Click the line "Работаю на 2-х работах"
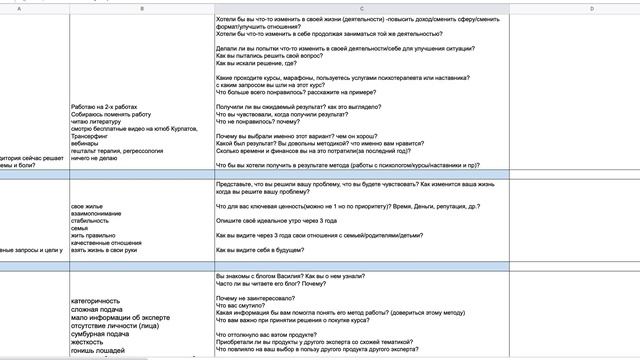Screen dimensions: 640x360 tap(111, 106)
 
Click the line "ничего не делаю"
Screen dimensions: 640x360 tap(104, 160)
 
